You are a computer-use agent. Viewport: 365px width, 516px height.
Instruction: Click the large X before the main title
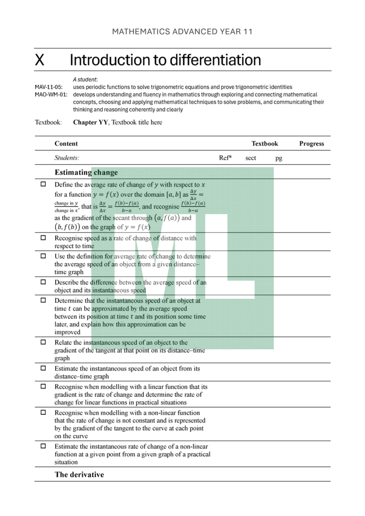[40, 60]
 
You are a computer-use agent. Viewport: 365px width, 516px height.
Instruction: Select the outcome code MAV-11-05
[49, 87]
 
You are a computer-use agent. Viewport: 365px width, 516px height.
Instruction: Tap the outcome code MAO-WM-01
[51, 94]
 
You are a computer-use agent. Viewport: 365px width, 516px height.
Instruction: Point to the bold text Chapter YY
[90, 122]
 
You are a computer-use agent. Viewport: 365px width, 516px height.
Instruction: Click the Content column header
[66, 143]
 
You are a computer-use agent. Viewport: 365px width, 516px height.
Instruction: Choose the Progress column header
[312, 143]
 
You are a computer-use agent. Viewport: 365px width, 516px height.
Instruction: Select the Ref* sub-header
[225, 158]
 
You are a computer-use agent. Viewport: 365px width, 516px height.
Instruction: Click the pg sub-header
[278, 158]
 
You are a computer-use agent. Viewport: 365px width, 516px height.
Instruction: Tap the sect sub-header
[250, 158]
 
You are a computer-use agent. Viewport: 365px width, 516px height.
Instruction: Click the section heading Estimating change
[86, 172]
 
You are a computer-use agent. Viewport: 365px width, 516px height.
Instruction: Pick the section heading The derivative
[79, 475]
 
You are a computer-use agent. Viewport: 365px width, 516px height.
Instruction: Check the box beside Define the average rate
[43, 184]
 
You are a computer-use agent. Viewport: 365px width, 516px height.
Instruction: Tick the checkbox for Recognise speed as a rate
[43, 238]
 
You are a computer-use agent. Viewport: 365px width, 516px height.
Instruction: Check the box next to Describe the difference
[43, 282]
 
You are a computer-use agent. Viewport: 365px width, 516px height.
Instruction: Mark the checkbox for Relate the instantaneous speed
[43, 342]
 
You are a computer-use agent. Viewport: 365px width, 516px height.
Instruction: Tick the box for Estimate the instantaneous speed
[43, 368]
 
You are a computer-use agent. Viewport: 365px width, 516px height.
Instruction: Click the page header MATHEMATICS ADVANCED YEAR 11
[182, 31]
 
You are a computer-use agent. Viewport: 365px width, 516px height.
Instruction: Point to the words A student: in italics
[85, 79]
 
